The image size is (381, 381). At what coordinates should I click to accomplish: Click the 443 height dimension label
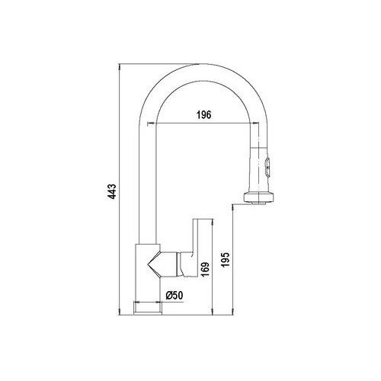click(x=111, y=191)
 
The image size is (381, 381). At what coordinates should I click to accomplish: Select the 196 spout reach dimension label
click(x=203, y=115)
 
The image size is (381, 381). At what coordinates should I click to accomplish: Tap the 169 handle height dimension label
click(x=206, y=269)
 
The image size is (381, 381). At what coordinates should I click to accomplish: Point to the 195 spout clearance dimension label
click(x=226, y=259)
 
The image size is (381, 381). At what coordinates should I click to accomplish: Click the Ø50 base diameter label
click(x=174, y=295)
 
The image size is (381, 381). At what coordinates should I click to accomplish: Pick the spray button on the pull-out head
click(x=267, y=166)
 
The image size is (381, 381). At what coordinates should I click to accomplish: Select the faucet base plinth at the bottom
click(x=148, y=308)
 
